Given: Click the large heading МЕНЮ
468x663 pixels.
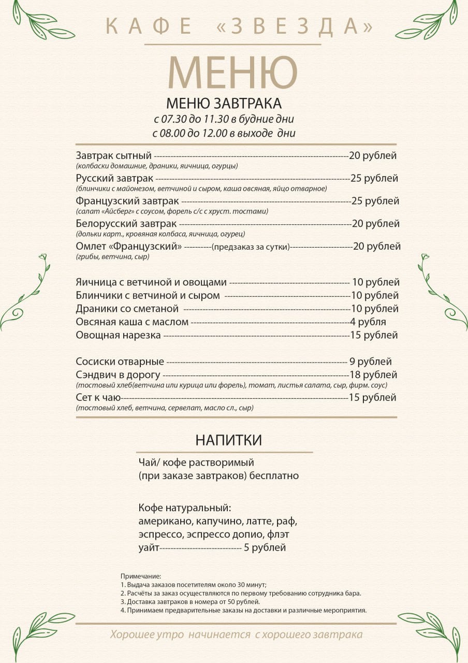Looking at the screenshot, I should [x=233, y=72].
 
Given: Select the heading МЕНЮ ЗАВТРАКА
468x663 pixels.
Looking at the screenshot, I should [x=224, y=103].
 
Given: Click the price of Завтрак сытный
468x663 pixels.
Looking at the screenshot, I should [x=373, y=155].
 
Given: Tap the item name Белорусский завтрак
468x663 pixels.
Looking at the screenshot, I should [x=126, y=224].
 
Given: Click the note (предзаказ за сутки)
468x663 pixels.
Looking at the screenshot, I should [x=251, y=247].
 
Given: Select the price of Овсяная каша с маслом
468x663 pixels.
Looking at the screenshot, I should [x=368, y=322].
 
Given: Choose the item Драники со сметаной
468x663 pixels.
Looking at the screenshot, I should [x=127, y=309].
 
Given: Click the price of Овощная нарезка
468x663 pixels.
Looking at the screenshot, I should [x=373, y=335].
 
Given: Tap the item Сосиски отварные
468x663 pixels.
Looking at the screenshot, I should [x=120, y=362].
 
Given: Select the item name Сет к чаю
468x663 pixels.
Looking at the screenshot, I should [x=98, y=397].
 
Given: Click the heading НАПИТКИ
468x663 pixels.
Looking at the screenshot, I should [x=228, y=440].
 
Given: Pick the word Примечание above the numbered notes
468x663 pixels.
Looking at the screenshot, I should [x=141, y=576].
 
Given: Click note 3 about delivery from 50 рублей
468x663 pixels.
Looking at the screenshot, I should [x=190, y=602].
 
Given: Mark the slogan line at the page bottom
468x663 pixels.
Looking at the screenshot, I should [x=236, y=635].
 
